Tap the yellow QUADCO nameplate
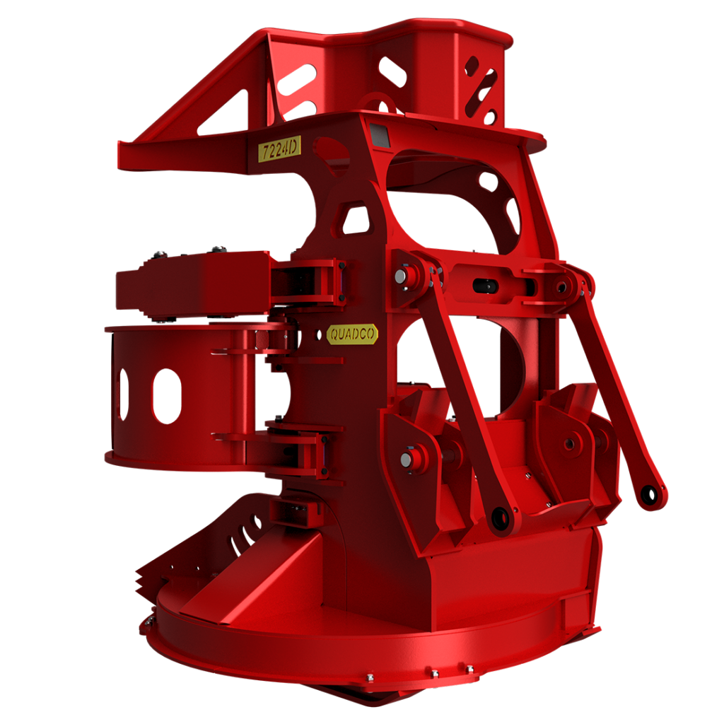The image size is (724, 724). coord(352,334)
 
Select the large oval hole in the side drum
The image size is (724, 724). coord(167,396)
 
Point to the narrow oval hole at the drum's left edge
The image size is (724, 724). coord(122,394)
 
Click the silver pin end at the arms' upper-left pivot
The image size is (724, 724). coord(401,276)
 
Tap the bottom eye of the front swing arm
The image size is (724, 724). coord(501,518)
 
